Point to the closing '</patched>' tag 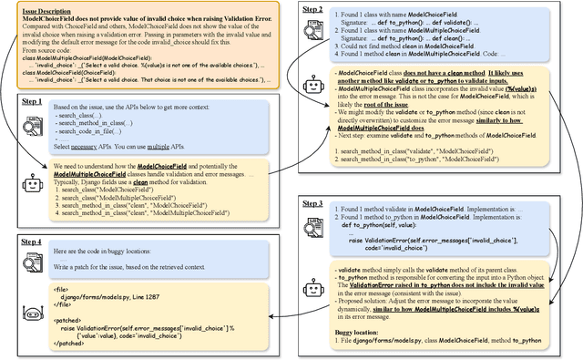click(71, 343)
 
